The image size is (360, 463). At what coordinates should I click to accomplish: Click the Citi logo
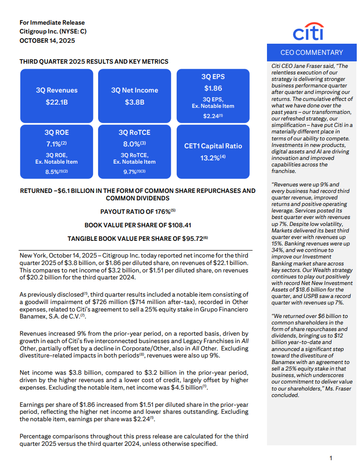coord(308,32)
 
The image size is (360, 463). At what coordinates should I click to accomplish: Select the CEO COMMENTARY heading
coord(312,53)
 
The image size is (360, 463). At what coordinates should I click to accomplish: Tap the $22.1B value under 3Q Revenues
coord(57,102)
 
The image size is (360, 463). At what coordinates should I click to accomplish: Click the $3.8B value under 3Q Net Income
coord(134,102)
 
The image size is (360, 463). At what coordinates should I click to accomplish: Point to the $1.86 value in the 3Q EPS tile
coord(213,88)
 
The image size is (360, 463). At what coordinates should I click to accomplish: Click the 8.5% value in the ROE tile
coord(54,172)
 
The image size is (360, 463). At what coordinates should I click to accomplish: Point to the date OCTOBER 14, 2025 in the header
coord(47,40)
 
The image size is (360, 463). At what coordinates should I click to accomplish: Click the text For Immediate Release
coord(52,22)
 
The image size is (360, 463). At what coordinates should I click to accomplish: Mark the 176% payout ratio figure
coord(161,212)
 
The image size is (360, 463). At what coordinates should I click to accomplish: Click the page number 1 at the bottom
coord(331,458)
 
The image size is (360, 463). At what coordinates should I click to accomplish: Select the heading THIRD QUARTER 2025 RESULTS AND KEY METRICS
coord(94,61)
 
